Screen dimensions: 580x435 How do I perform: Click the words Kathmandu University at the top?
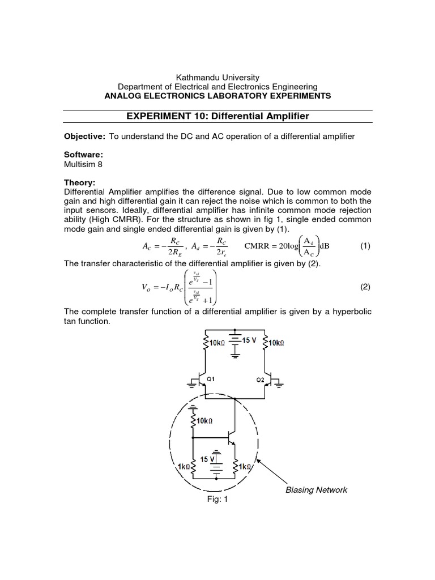[217, 77]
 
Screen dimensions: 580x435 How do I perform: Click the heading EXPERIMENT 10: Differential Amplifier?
[217, 116]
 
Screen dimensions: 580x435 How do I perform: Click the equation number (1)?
[365, 247]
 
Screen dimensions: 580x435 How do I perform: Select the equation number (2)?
[365, 287]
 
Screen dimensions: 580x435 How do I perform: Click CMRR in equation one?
[258, 247]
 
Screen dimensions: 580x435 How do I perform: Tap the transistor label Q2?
[260, 378]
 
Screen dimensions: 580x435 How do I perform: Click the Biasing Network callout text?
[316, 489]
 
